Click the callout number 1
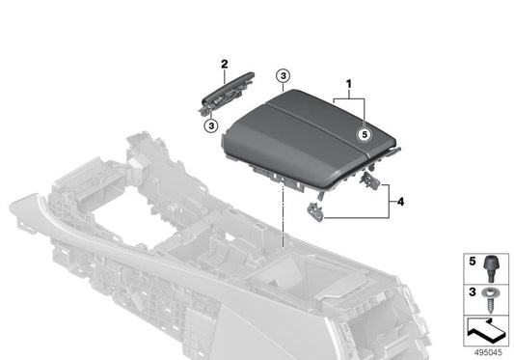tap(349, 85)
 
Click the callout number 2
tap(224, 64)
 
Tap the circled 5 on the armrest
tap(365, 136)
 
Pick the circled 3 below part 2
tap(211, 124)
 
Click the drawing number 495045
tap(488, 351)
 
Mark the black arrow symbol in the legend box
tap(486, 330)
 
